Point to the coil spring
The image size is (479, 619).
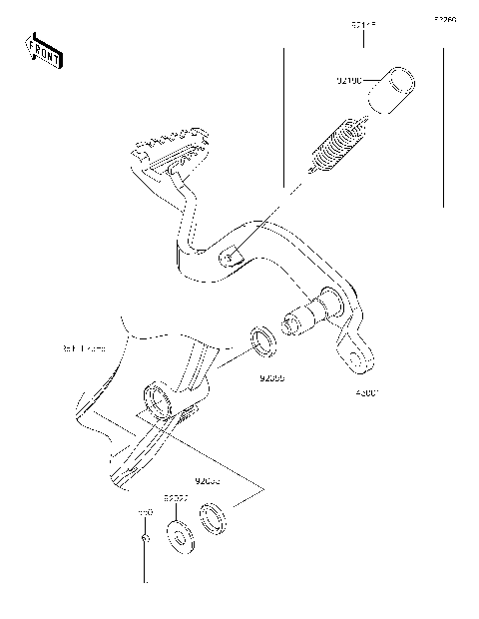(x=337, y=145)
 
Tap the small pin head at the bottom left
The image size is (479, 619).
(x=146, y=539)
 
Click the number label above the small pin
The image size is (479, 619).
(x=145, y=511)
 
